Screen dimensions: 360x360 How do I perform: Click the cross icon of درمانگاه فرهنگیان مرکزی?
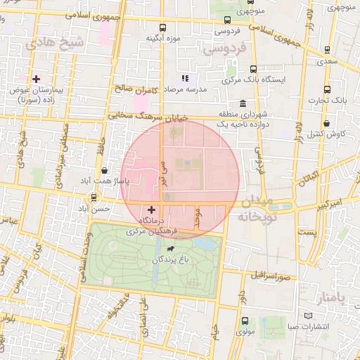(152, 210)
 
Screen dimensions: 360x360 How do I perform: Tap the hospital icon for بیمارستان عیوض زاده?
(37, 78)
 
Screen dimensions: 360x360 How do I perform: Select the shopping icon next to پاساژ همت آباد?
(105, 169)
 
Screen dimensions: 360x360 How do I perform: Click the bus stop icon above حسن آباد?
(105, 198)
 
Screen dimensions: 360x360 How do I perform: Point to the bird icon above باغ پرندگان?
(171, 249)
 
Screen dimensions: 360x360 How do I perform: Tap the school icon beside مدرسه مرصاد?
(184, 79)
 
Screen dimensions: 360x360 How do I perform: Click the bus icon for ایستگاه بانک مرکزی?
(253, 69)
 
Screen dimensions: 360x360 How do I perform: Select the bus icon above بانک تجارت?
(327, 89)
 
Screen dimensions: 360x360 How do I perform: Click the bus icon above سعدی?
(327, 51)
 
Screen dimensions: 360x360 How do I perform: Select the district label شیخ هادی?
(54, 42)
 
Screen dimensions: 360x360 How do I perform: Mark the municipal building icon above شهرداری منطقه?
(243, 102)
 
